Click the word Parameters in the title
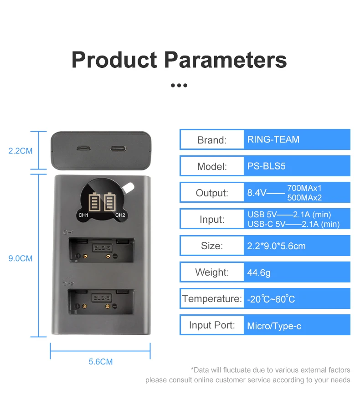click(225, 61)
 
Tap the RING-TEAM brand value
click(273, 139)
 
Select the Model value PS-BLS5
click(267, 166)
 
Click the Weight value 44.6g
click(259, 272)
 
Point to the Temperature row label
click(212, 299)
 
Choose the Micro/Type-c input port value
click(274, 326)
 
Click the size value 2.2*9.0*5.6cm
click(276, 246)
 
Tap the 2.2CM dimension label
click(21, 151)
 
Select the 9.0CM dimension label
click(21, 258)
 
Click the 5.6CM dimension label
click(100, 362)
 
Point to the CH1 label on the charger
click(83, 215)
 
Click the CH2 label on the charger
click(120, 215)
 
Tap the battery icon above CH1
click(95, 202)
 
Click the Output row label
click(211, 193)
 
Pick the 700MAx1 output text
click(305, 188)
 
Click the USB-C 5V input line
click(293, 224)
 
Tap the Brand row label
click(211, 140)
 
